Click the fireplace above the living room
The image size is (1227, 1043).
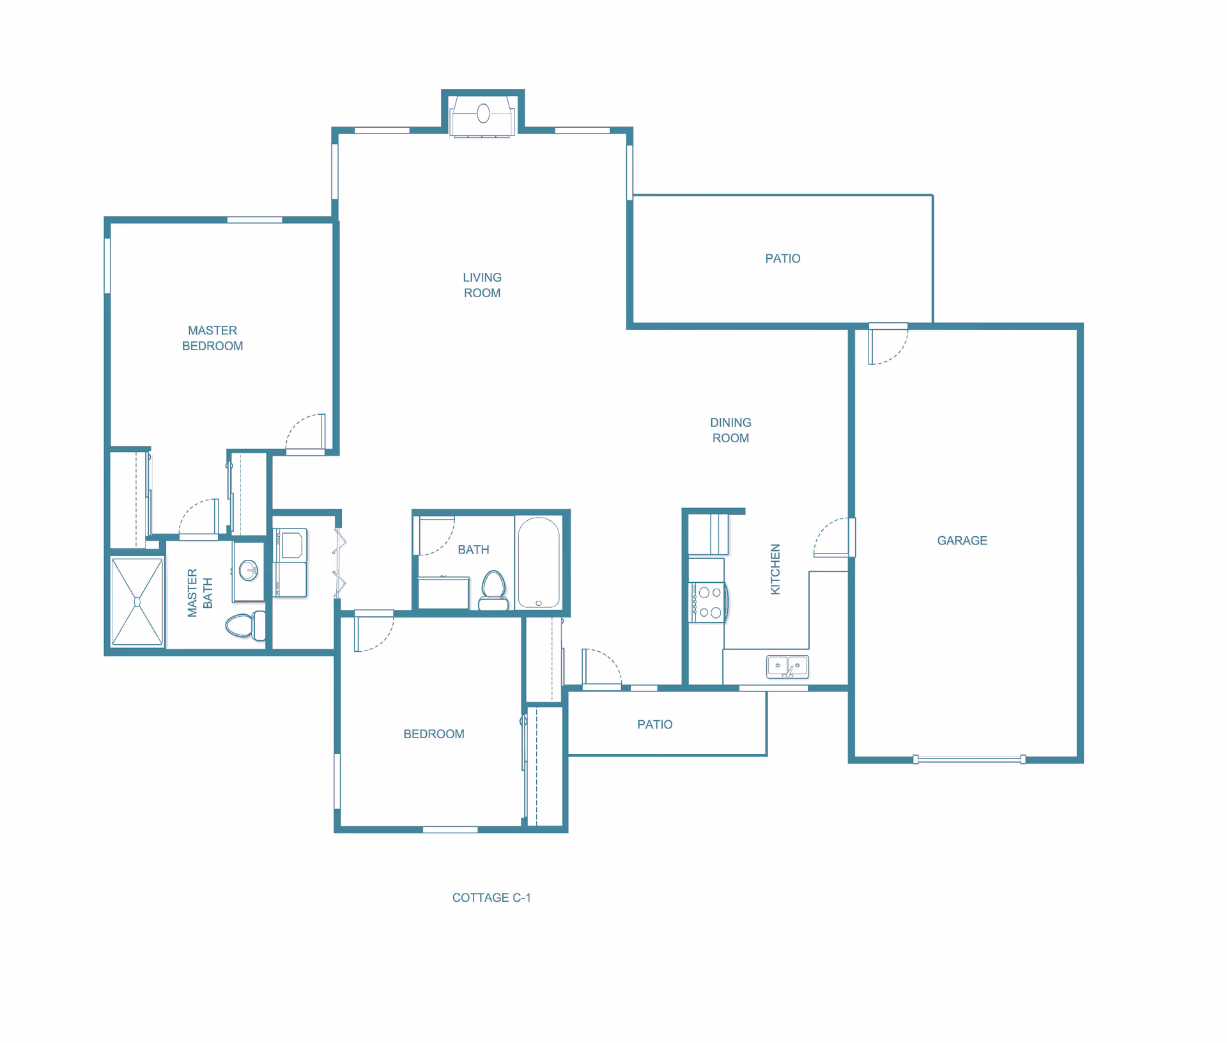click(483, 116)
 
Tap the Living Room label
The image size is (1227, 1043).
click(482, 285)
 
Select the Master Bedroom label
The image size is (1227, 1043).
click(213, 338)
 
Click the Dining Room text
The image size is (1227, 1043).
click(730, 430)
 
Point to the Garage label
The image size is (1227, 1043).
click(962, 541)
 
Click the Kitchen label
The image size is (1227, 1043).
click(775, 569)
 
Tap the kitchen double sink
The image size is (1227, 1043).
click(787, 666)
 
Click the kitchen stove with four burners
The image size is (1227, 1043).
click(707, 602)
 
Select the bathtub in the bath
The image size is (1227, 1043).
click(539, 562)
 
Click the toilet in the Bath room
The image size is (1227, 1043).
click(493, 591)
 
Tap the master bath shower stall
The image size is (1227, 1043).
click(137, 601)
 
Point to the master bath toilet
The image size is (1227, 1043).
click(245, 625)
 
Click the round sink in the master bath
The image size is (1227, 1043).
click(248, 570)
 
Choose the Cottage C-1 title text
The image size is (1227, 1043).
click(491, 898)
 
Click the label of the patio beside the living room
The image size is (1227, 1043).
click(783, 259)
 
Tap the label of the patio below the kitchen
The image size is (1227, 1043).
click(655, 725)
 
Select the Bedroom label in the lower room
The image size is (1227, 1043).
click(434, 734)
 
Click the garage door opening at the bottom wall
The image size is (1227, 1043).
click(969, 759)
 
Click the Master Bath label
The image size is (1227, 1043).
click(200, 592)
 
